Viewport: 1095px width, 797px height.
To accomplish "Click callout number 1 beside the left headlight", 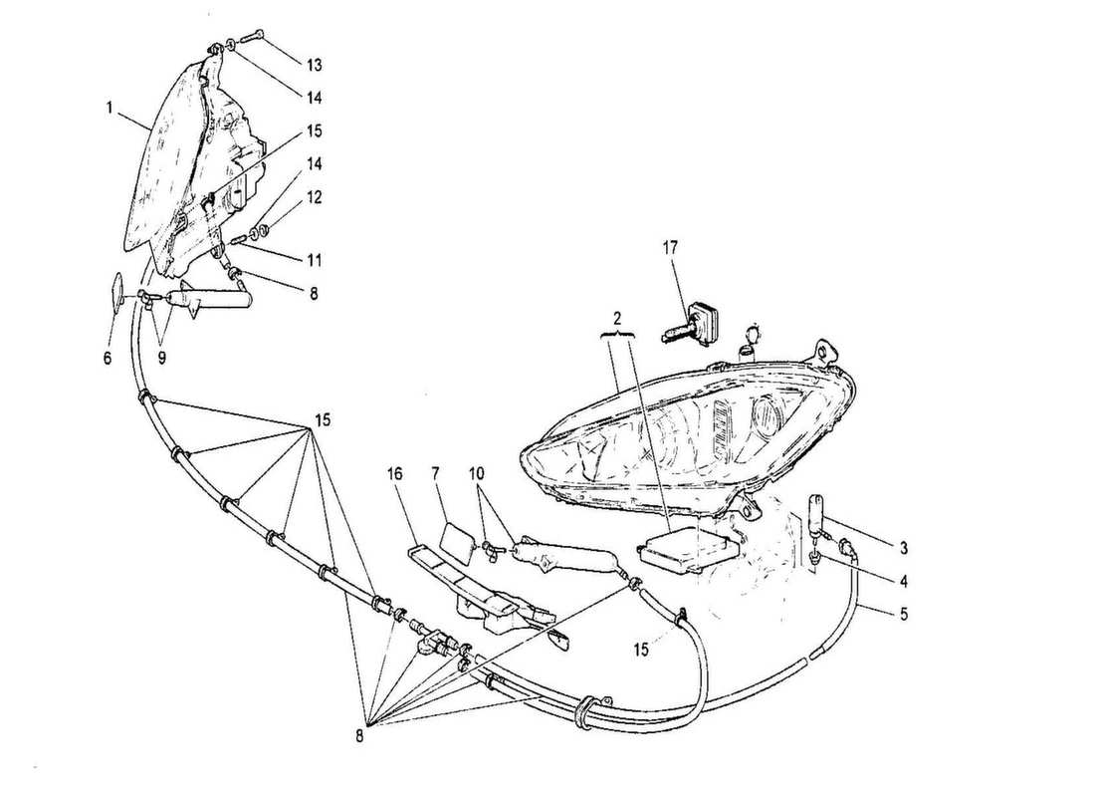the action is [x=109, y=108].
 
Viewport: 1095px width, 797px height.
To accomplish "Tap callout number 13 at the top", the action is [x=314, y=65].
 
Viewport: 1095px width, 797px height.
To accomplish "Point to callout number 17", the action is [x=670, y=247].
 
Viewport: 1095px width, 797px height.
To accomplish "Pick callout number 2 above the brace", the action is [x=616, y=319].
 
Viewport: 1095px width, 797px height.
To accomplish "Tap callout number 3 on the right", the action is [x=903, y=549].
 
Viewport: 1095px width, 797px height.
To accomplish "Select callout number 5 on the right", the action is [x=904, y=616].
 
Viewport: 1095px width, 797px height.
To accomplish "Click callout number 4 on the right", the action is [x=903, y=581].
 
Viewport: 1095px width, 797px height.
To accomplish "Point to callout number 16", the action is [x=394, y=473].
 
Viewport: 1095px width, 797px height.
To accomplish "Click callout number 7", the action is [x=435, y=473].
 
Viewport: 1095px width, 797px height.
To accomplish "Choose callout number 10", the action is [x=477, y=473].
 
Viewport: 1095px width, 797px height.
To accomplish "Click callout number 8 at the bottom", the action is [x=359, y=735].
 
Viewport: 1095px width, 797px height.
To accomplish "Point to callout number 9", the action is [x=161, y=358].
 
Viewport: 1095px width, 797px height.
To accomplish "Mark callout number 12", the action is [x=314, y=198].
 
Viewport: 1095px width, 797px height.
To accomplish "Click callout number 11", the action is [x=314, y=261].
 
